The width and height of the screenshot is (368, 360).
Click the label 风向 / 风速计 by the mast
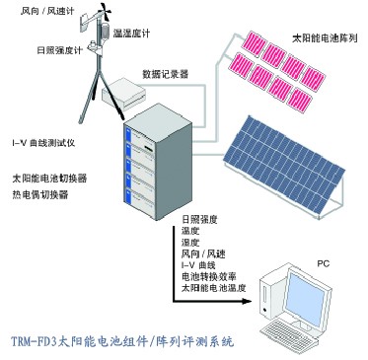click(x=47, y=11)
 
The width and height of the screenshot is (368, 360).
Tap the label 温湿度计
click(x=131, y=34)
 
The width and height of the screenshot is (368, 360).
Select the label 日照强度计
click(x=59, y=50)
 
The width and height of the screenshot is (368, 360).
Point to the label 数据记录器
click(x=166, y=74)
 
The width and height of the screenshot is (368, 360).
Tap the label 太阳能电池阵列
click(x=325, y=38)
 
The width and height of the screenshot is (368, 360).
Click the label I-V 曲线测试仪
click(x=43, y=143)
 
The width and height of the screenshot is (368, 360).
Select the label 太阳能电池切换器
click(x=49, y=179)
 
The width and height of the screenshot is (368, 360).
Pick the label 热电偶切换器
click(x=40, y=194)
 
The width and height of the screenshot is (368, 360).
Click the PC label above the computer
click(x=324, y=263)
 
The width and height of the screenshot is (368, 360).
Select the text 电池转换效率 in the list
click(x=209, y=276)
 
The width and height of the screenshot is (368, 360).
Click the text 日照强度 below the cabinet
click(x=199, y=219)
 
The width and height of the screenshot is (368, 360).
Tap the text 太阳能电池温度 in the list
click(x=214, y=288)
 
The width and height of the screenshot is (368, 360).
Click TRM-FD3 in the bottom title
click(x=35, y=341)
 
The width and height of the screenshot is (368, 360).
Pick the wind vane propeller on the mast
click(x=105, y=12)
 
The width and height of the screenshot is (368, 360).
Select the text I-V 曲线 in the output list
click(x=198, y=265)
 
